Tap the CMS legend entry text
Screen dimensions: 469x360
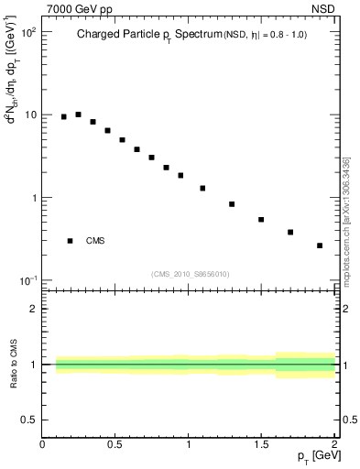[x=95, y=241]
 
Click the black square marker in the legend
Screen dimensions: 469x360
[x=70, y=241]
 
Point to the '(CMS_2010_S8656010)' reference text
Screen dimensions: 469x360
[x=190, y=273]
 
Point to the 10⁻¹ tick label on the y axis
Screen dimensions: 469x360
[x=27, y=280]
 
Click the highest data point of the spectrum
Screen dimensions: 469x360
[x=78, y=115]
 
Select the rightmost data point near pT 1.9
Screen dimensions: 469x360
[x=320, y=245]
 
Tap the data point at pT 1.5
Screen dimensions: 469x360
[x=261, y=220]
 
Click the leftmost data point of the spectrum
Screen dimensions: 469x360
[x=63, y=116]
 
